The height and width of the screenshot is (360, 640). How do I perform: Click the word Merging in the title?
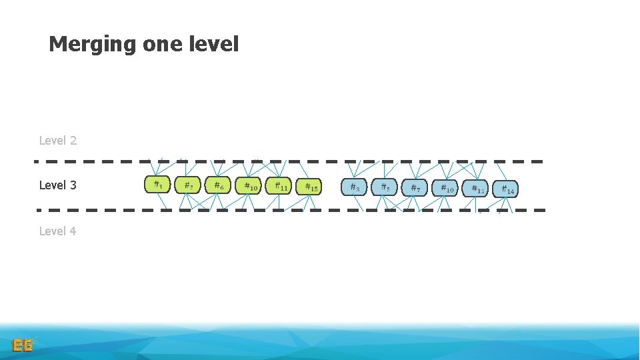93,45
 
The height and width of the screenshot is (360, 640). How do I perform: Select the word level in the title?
215,45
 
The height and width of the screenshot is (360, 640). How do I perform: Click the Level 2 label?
58,141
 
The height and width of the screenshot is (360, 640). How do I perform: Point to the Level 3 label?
58,185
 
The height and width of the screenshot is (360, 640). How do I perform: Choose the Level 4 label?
58,231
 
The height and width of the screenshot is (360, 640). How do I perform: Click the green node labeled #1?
157,185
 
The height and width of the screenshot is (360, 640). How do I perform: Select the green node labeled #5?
187,185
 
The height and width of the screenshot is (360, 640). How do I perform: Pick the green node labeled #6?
218,185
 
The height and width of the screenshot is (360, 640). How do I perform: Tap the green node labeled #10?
248,186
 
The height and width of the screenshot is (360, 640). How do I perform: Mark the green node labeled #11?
279,186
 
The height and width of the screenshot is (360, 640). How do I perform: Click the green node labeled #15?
309,187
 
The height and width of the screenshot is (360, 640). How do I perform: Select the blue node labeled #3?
354,187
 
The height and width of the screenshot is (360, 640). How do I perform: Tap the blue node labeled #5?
384,187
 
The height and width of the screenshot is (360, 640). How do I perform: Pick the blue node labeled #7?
414,188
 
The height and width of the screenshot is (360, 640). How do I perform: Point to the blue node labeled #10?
445,188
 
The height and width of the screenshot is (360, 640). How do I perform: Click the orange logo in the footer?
23,345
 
